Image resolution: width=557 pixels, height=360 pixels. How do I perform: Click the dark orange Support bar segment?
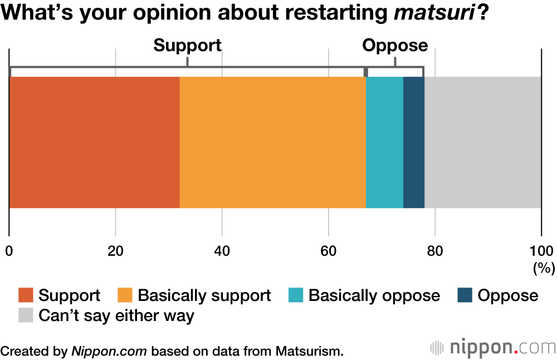(x=94, y=142)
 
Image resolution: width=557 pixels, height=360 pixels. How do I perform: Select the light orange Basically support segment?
(x=272, y=142)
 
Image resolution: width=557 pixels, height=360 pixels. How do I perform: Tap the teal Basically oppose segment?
(x=384, y=142)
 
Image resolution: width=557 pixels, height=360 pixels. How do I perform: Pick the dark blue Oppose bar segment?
(x=414, y=142)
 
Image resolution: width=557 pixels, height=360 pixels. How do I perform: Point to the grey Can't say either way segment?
(x=482, y=142)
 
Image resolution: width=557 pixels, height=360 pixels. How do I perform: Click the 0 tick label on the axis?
(x=9, y=250)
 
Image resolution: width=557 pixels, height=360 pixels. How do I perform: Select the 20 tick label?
(x=115, y=250)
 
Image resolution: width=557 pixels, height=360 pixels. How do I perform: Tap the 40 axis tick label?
(x=222, y=250)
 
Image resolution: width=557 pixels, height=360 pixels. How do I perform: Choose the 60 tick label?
(x=328, y=250)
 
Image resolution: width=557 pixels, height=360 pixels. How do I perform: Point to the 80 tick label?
(x=434, y=250)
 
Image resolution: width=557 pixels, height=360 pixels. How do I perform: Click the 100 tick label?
(x=541, y=250)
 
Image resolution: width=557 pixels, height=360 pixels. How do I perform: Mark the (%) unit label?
(x=544, y=269)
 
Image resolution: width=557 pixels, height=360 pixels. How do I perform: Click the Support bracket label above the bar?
(x=187, y=45)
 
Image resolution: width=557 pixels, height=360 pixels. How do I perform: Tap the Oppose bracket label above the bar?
(x=395, y=45)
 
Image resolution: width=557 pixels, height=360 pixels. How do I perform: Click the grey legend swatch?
(x=26, y=316)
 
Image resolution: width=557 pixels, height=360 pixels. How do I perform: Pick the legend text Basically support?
(x=204, y=295)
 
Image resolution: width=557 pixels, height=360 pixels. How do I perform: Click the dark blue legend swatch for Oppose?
(x=465, y=295)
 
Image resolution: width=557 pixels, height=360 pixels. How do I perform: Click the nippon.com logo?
(x=493, y=348)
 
